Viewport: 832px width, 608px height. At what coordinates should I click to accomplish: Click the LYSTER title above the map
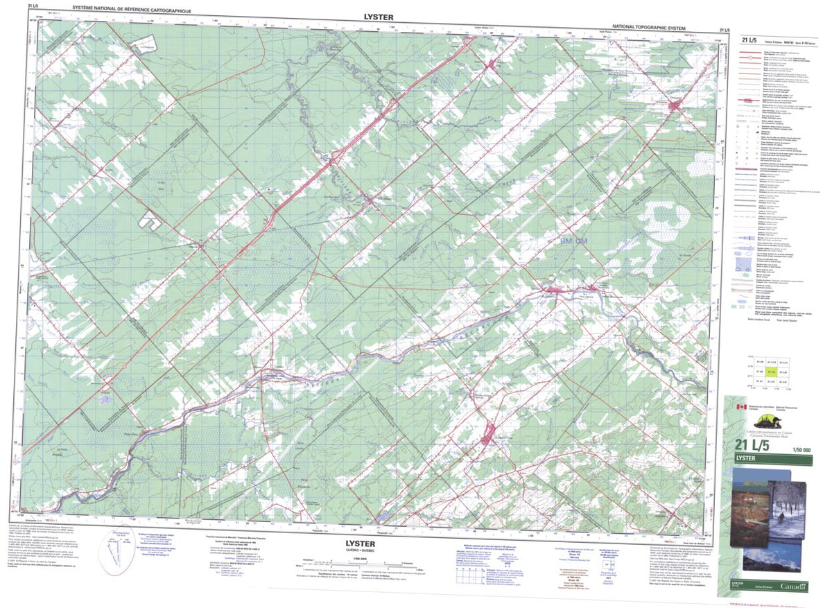point(377,17)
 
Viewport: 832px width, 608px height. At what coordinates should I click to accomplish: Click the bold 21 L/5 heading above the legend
point(749,40)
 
